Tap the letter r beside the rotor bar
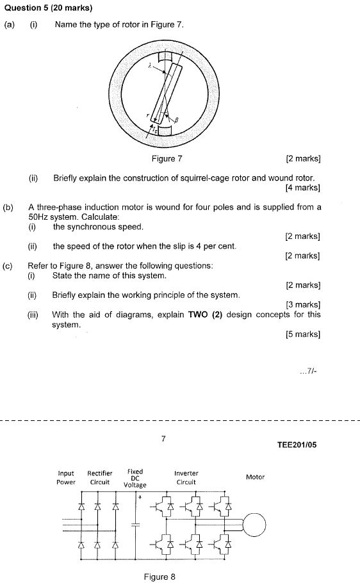147,115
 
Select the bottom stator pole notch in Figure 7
165,131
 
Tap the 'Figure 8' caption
160,577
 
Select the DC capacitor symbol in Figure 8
135,525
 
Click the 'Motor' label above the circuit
255,477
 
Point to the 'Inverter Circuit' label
186,478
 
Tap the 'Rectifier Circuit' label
100,478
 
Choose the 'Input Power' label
66,478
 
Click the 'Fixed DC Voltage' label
135,478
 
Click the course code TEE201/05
297,445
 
